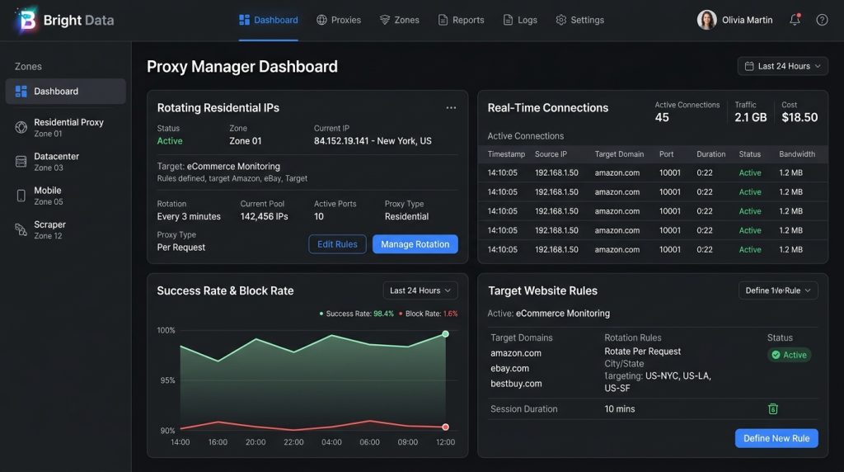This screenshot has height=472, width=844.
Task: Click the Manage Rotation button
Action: tap(415, 244)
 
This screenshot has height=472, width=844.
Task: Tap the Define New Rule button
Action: tap(776, 438)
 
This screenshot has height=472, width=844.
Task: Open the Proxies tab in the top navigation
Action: tap(339, 20)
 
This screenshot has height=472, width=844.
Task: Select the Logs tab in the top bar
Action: tap(520, 20)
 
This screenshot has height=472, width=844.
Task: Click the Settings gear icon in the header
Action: tap(560, 20)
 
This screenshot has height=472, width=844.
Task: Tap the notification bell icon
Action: tap(795, 20)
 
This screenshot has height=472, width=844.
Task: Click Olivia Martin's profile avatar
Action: tap(706, 20)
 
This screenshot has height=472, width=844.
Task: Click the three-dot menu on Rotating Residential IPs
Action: tap(451, 108)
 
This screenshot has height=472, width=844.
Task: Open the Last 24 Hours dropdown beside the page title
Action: tap(783, 66)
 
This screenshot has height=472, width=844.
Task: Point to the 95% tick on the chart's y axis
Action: tap(168, 380)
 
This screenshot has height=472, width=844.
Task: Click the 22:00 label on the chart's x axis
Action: tap(293, 441)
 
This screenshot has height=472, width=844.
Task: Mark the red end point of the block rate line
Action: tap(445, 427)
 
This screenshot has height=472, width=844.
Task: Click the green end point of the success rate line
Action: tap(445, 334)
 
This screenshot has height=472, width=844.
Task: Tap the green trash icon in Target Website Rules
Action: tap(773, 409)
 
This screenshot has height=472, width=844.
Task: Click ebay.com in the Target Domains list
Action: tap(509, 369)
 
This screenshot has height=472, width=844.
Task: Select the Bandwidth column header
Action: tap(797, 154)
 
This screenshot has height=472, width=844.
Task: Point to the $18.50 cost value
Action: tap(799, 117)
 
